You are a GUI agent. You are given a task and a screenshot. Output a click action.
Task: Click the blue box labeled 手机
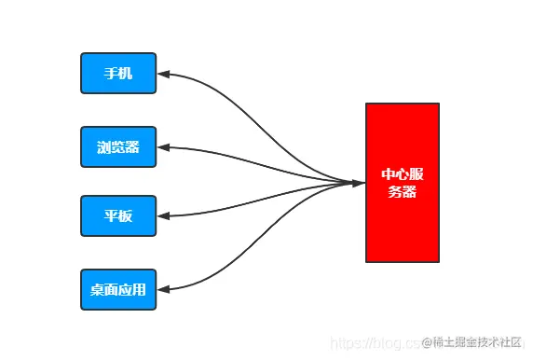click(x=118, y=74)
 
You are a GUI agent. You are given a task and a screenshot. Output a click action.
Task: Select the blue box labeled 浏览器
click(x=118, y=146)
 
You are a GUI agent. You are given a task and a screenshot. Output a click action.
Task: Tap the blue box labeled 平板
click(x=118, y=216)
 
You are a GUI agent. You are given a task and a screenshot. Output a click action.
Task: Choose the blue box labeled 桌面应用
click(x=118, y=289)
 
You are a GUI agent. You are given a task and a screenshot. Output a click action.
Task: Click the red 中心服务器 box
click(x=402, y=183)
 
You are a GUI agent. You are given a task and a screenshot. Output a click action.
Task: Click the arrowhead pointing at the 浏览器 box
click(x=163, y=146)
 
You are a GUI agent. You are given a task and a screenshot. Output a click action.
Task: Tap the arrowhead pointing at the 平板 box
click(x=163, y=216)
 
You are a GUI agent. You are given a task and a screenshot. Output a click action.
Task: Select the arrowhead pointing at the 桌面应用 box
click(x=163, y=289)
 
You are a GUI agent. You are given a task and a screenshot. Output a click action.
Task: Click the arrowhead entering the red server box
click(x=359, y=183)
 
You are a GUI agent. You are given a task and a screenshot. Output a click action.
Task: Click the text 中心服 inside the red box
click(x=402, y=174)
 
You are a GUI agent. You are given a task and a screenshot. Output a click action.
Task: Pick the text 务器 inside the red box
click(x=402, y=192)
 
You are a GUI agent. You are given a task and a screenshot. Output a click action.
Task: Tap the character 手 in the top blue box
click(x=111, y=74)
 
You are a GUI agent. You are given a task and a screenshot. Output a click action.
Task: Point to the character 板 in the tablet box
click(x=126, y=216)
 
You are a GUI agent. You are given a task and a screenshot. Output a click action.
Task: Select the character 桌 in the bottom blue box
click(x=97, y=289)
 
